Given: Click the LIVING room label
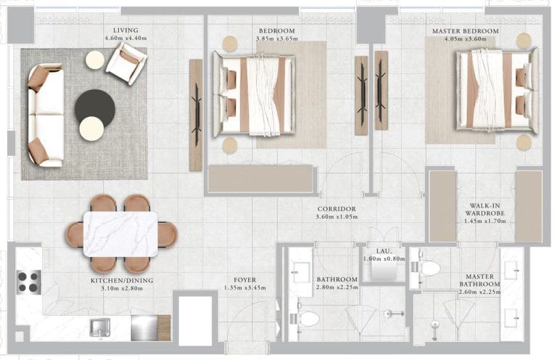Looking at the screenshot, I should coord(121,30).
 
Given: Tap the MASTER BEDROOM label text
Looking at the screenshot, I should coord(465,31).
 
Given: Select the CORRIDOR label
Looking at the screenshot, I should coord(336,209).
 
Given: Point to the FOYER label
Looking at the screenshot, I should coord(244,279).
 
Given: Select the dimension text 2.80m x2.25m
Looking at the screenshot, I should coord(337,287).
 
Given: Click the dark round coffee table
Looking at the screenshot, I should coord(95,107).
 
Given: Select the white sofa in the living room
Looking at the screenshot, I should coord(45,115).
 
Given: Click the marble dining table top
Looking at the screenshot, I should coord(120,234).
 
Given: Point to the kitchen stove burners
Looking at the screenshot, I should coord(29,281).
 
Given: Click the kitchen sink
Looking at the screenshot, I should coord(100,327).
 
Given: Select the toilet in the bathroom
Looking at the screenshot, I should coord(307,319).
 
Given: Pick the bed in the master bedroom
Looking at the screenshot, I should coord(498,90).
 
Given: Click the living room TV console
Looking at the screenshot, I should coord(196,115).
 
